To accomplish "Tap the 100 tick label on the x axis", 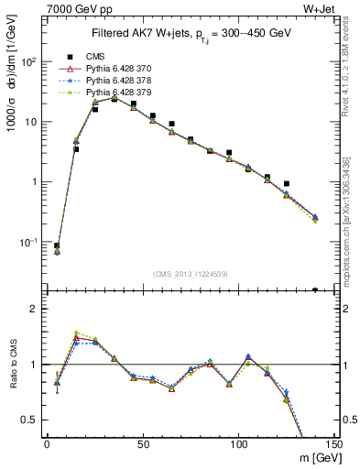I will click(x=238, y=443).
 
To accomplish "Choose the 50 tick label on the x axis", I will click(x=143, y=443).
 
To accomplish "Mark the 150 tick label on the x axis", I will click(x=333, y=443).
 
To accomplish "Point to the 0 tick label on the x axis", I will click(x=47, y=443).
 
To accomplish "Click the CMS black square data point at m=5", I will click(x=57, y=245).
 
